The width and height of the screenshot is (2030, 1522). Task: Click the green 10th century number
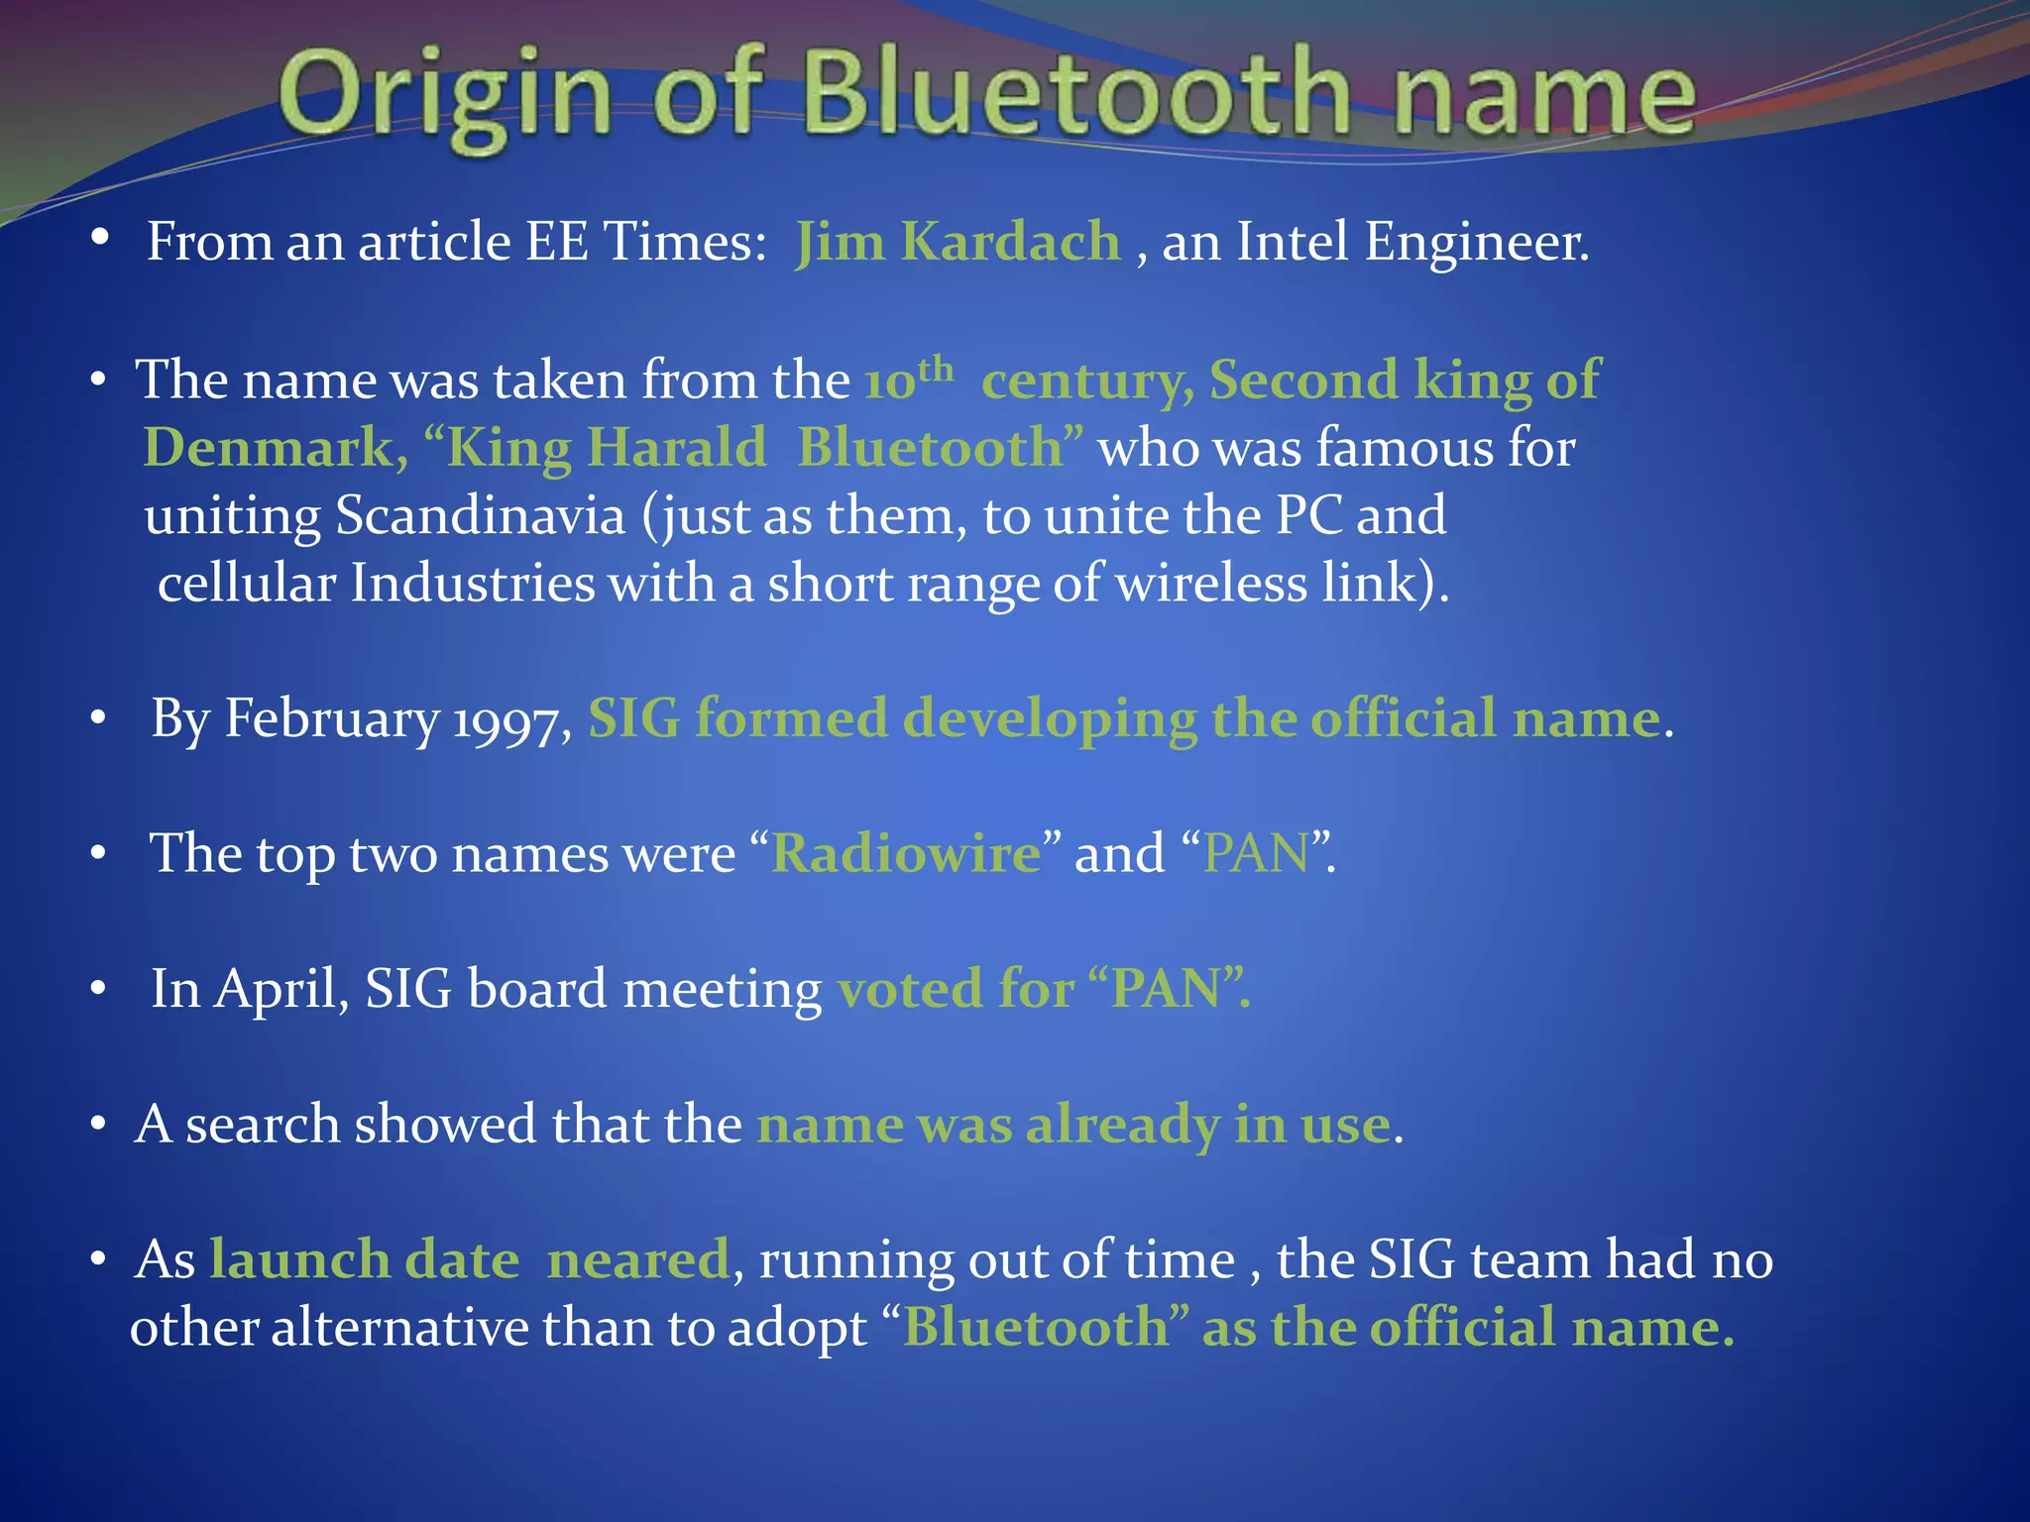click(x=908, y=380)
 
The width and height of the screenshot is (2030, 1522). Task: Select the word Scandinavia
click(x=481, y=516)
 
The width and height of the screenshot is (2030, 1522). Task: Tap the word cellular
click(x=247, y=584)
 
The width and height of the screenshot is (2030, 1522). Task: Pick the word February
click(x=332, y=720)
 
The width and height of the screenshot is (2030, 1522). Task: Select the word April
click(x=282, y=990)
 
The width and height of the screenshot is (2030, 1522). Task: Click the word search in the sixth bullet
click(x=263, y=1126)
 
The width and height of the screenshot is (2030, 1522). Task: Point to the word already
click(x=1123, y=1126)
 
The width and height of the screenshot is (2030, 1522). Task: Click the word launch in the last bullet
click(x=300, y=1260)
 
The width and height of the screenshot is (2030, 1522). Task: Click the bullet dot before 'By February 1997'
click(x=97, y=718)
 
